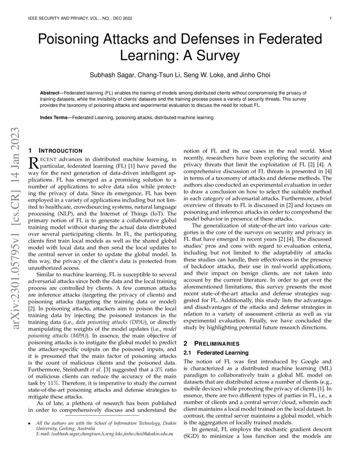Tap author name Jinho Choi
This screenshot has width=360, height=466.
click(x=255, y=75)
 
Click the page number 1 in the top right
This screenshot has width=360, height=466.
click(x=330, y=19)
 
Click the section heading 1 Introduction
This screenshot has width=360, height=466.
click(x=55, y=150)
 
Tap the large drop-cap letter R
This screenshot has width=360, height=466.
click(x=33, y=163)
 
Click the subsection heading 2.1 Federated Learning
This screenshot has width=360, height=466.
click(x=216, y=352)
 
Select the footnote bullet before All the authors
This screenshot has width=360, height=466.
click(x=29, y=423)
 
